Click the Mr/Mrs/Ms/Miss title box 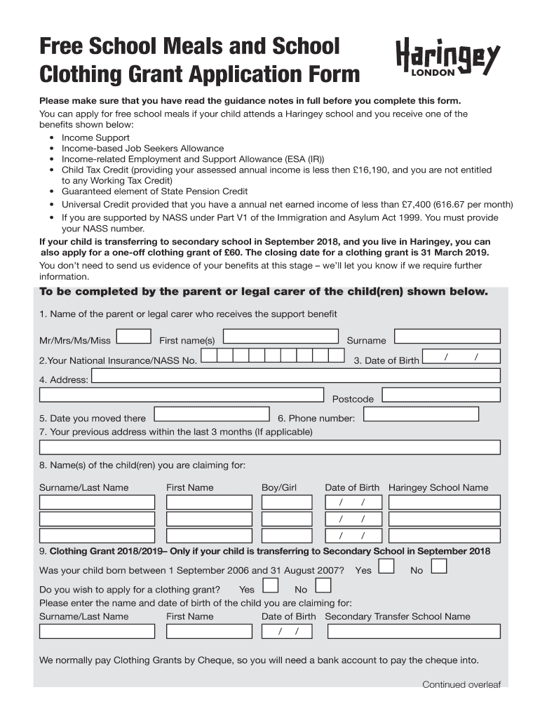(x=133, y=337)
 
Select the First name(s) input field (x=280, y=337)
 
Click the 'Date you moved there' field (x=211, y=415)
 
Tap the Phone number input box (x=431, y=414)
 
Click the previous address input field (x=270, y=447)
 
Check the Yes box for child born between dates (x=386, y=567)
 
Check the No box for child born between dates (x=439, y=567)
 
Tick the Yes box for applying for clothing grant (x=270, y=586)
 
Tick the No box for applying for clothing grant (x=323, y=586)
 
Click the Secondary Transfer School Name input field (x=414, y=631)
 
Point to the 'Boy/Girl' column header (x=279, y=487)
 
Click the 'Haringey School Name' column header (x=438, y=487)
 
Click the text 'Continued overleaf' (x=461, y=684)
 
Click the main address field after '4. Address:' (x=295, y=377)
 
